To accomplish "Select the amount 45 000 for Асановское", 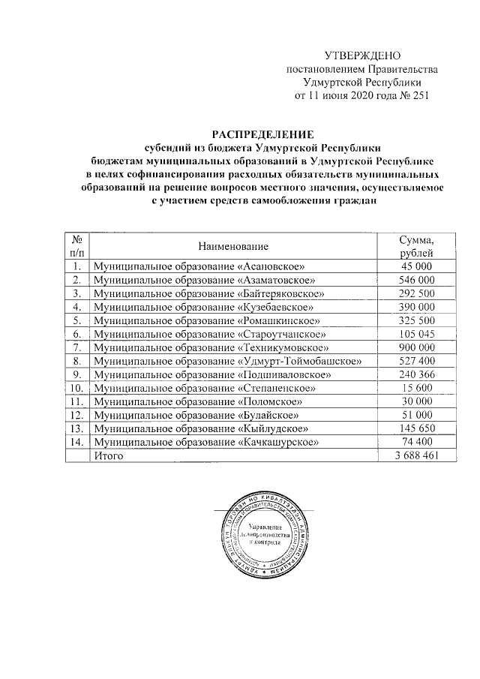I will [417, 266].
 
